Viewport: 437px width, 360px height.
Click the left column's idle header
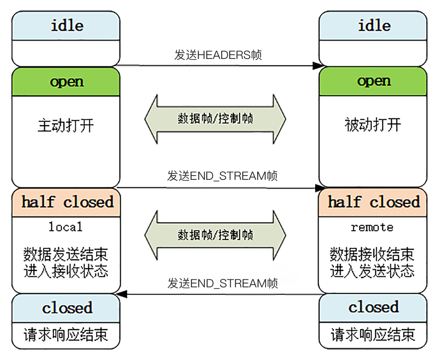click(66, 25)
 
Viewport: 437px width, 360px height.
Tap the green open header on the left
click(66, 82)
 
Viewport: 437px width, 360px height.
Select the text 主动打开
click(66, 125)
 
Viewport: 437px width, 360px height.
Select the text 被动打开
click(373, 125)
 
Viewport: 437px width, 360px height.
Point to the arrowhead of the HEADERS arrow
click(317, 66)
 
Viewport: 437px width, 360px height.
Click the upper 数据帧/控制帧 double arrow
click(215, 119)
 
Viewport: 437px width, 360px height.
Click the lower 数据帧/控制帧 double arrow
click(215, 235)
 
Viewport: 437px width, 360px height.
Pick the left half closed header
click(66, 202)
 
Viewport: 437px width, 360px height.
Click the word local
click(65, 227)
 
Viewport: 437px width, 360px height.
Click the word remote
click(372, 227)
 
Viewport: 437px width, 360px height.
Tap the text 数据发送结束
click(66, 254)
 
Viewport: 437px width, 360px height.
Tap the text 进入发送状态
click(372, 271)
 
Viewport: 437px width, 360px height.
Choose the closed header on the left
click(66, 308)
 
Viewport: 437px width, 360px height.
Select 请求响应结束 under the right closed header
click(373, 335)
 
